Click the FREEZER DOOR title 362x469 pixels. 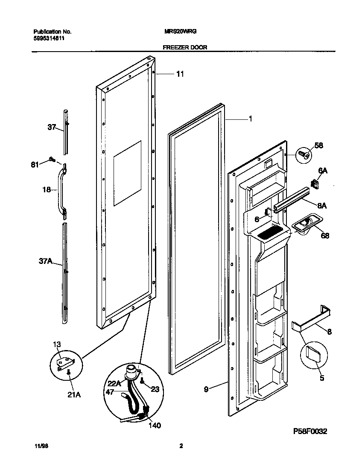[185, 47]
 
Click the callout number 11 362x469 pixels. [180, 74]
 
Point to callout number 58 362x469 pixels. [318, 145]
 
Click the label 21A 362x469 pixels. [74, 395]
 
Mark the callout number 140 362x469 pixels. [154, 426]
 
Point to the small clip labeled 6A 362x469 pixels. [316, 184]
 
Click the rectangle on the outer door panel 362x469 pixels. [127, 174]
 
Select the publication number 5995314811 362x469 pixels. [49, 38]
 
